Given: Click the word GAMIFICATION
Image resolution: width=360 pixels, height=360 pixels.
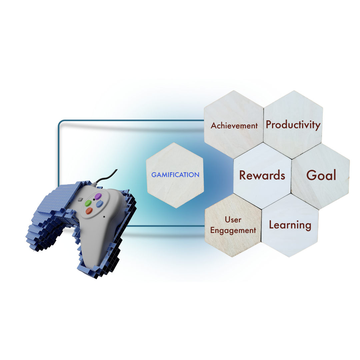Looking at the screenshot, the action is coord(175,175).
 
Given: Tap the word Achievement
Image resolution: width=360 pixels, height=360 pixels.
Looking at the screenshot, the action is coord(234,126).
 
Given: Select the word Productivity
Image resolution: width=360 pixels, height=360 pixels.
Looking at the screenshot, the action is coord(293,125).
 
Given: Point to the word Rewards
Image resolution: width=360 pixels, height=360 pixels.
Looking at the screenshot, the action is coord(262,175).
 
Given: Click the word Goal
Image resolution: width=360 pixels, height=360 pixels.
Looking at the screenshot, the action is coord(321,175).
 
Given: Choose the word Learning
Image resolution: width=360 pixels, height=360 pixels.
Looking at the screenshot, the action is coord(290,225).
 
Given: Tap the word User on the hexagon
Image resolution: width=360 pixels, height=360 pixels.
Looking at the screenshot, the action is coord(233,220).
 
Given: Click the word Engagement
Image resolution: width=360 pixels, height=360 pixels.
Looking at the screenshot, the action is coord(233,230).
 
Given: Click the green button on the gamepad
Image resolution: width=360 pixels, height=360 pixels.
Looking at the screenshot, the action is coord(88,203).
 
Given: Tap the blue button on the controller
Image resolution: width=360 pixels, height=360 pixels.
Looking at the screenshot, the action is coord(99,204).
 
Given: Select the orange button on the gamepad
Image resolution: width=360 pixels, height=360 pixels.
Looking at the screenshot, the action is coord(89,211).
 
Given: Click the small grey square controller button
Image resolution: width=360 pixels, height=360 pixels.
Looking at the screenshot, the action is coord(80,199).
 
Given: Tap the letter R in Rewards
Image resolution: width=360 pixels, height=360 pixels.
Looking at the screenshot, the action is coord(243,175).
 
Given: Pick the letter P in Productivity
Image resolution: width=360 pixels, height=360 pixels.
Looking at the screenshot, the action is coord(269,124).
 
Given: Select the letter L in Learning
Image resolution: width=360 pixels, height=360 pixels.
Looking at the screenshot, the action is coord(272,224).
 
